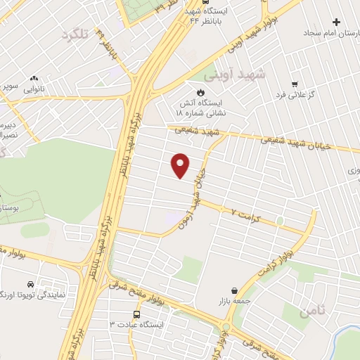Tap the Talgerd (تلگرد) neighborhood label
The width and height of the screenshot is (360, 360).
[77, 34]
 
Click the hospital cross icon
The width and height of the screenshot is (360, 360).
[336, 22]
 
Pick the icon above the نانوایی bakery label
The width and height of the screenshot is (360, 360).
[33, 79]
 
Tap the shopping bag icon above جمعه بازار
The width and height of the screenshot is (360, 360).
[234, 290]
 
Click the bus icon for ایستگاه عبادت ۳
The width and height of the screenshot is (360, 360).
[136, 314]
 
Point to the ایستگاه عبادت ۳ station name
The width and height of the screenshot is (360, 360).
[136, 325]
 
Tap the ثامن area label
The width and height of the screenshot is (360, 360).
[313, 311]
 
